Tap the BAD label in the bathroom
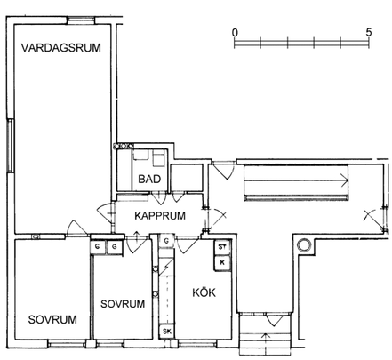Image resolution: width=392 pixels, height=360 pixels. (x=148, y=180)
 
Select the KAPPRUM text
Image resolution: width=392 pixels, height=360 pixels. (x=159, y=216)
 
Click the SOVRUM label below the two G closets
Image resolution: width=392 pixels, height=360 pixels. (x=122, y=303)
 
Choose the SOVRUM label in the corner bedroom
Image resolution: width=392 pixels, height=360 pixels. (x=52, y=320)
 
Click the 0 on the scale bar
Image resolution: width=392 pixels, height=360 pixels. (x=235, y=31)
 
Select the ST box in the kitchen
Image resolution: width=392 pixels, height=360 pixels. (x=221, y=248)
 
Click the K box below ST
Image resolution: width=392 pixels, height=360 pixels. (x=221, y=262)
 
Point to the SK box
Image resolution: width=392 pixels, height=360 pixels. (x=165, y=332)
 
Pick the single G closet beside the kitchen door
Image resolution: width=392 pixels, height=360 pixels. (x=166, y=241)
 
